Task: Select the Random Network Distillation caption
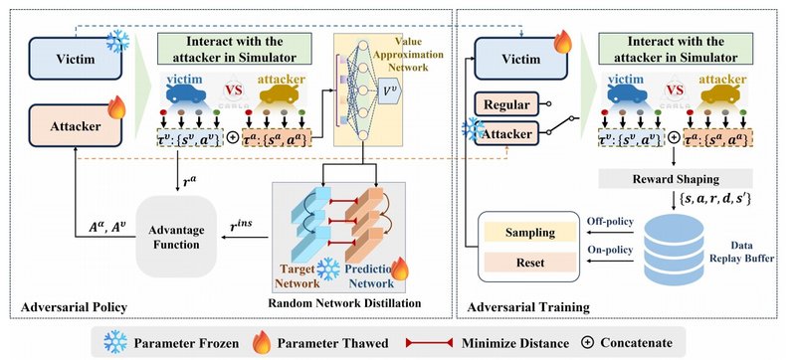(346, 302)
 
